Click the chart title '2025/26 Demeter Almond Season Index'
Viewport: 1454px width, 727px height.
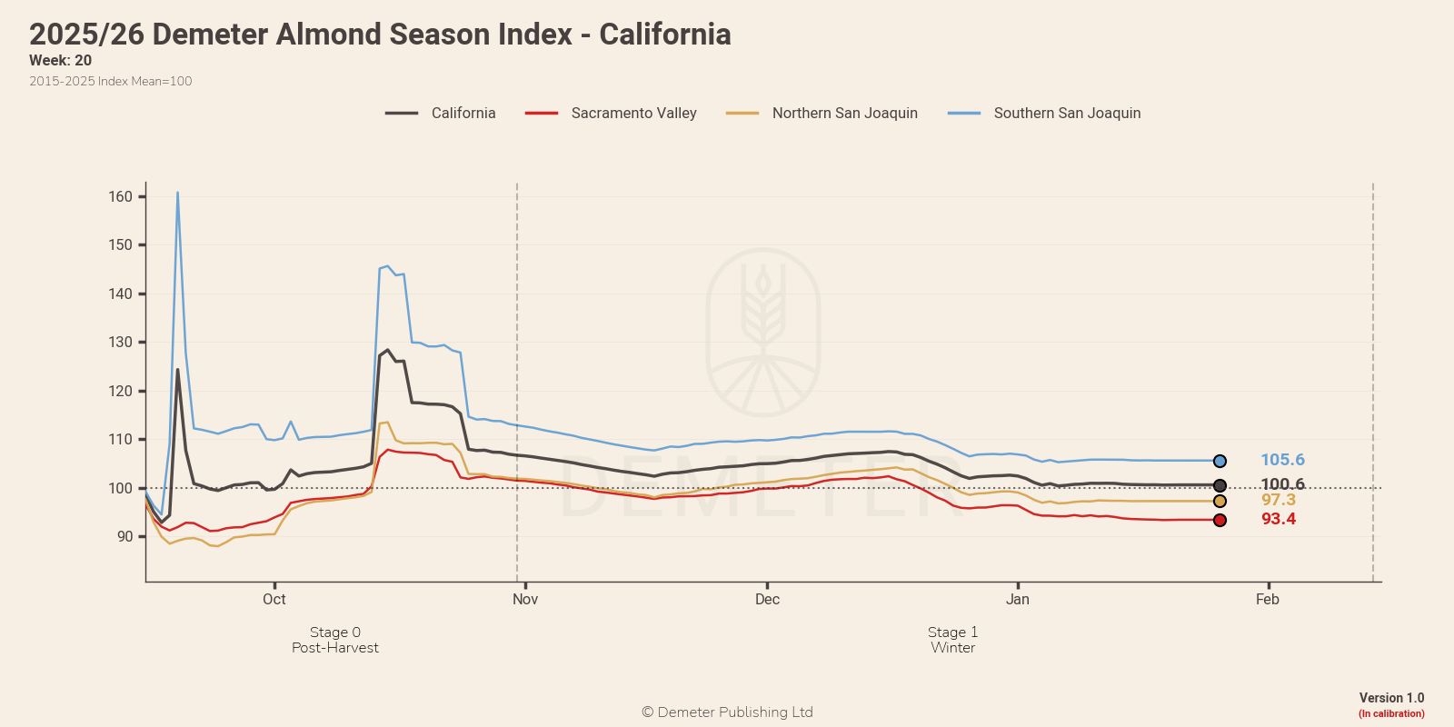tap(380, 35)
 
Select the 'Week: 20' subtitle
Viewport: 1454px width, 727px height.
tap(60, 61)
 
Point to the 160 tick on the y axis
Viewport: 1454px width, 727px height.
tap(121, 197)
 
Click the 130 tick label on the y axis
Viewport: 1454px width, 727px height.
tap(121, 343)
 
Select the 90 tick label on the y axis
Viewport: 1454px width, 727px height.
tap(124, 537)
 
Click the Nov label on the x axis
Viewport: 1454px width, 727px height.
tap(525, 600)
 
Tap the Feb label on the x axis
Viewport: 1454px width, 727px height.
tap(1268, 600)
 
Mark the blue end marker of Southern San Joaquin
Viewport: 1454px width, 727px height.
tap(1220, 462)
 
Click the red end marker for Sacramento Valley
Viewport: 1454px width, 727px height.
tap(1220, 521)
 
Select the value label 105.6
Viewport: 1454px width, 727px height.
tap(1282, 461)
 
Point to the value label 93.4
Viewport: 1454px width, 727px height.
tap(1279, 520)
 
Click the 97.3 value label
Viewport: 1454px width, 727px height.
tap(1279, 501)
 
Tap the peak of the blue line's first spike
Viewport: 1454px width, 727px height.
tap(177, 193)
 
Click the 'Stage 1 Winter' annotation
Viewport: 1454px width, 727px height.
tap(952, 640)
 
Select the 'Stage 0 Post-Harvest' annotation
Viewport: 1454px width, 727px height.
tap(335, 640)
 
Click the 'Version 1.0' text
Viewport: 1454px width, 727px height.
tap(1391, 698)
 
